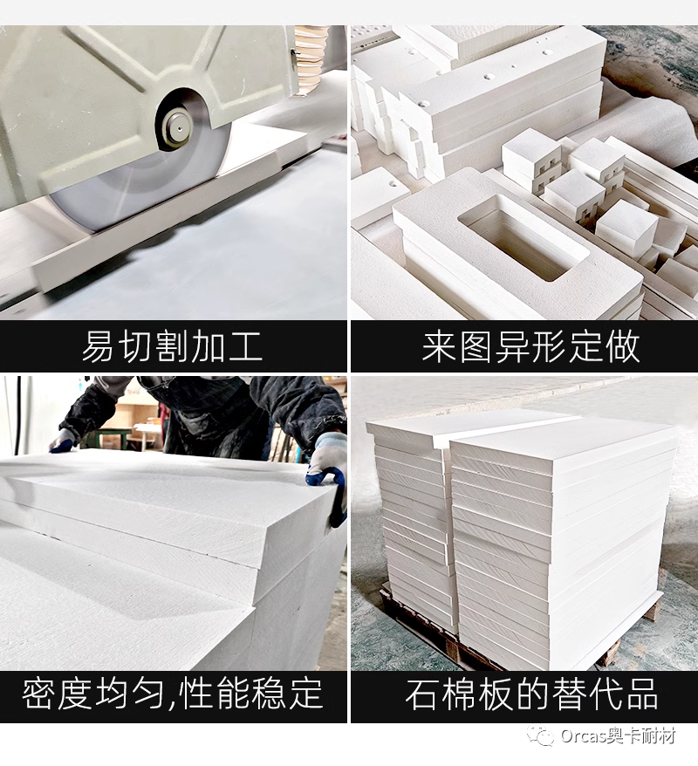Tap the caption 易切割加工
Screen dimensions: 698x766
pyautogui.click(x=172, y=346)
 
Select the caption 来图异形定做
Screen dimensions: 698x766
pyautogui.click(x=530, y=346)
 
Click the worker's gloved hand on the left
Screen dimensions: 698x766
pyautogui.click(x=61, y=441)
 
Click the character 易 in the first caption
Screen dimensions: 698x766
pyautogui.click(x=97, y=346)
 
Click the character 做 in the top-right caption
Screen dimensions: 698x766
pyautogui.click(x=623, y=346)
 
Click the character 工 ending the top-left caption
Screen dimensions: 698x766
pyautogui.click(x=246, y=346)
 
